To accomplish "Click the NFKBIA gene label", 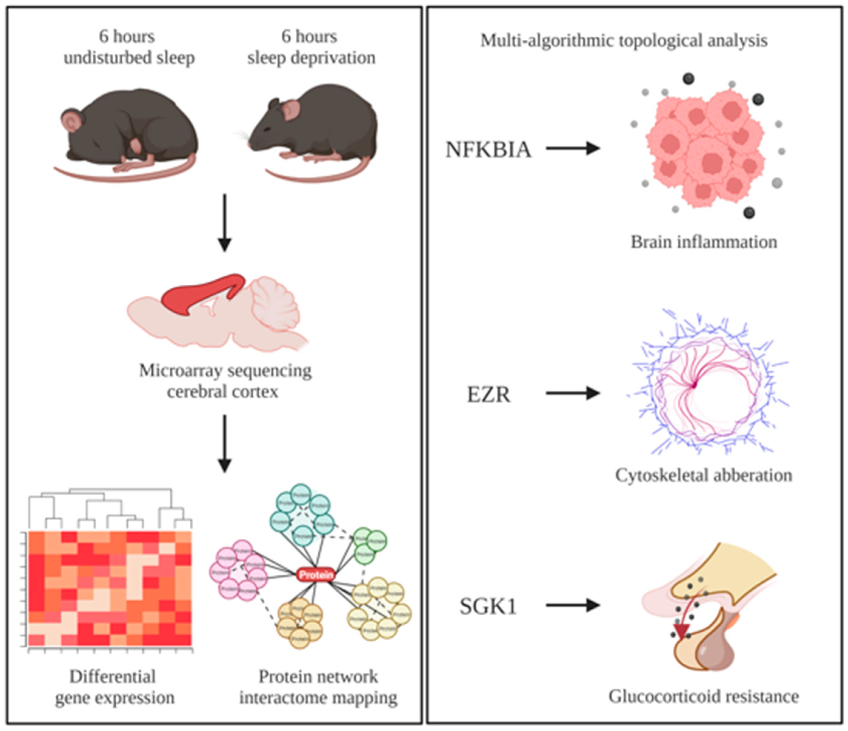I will point(488,149).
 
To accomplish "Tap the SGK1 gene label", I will point(488,606).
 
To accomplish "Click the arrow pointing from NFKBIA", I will point(573,148).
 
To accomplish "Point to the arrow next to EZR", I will point(573,393).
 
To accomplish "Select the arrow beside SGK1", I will point(573,605).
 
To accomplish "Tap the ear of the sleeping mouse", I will point(72,120).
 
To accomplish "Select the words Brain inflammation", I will point(703,242).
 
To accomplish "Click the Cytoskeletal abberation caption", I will point(703,476).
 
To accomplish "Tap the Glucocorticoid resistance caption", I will point(703,696).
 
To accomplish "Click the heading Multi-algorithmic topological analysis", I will point(624,41).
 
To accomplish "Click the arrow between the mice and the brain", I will point(224,223).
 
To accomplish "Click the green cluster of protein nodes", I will point(369,544).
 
